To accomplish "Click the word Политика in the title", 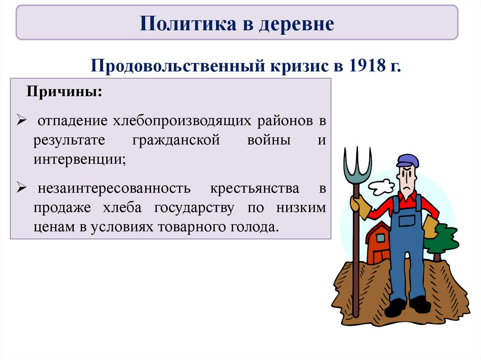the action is (188, 23).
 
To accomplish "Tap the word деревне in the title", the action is (296, 24).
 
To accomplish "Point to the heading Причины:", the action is (64, 92).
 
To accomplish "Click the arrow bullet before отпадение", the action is (22, 120).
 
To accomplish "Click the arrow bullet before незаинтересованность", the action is (22, 187).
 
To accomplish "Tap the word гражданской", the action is (176, 141).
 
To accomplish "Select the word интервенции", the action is (78, 159).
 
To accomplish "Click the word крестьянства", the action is (254, 189).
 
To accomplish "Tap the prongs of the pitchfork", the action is (357, 166).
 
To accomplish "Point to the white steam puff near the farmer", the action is (381, 186).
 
